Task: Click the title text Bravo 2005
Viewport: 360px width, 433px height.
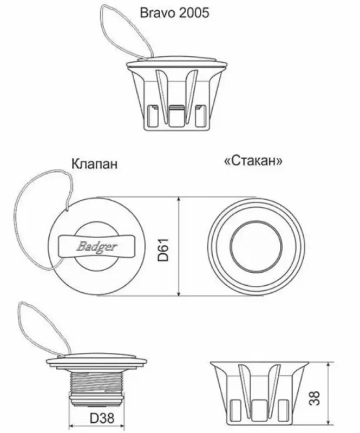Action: click(174, 13)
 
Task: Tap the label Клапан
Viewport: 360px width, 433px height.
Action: click(95, 164)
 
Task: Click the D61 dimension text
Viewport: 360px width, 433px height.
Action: click(163, 250)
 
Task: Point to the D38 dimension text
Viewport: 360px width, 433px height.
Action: click(102, 418)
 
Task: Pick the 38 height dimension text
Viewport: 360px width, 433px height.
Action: click(315, 398)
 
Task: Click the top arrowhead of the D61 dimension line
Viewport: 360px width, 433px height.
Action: click(179, 199)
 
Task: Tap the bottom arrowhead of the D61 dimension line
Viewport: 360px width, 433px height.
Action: click(179, 293)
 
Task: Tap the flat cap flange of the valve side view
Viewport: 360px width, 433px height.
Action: click(96, 361)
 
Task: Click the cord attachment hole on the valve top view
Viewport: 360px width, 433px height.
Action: click(68, 209)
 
